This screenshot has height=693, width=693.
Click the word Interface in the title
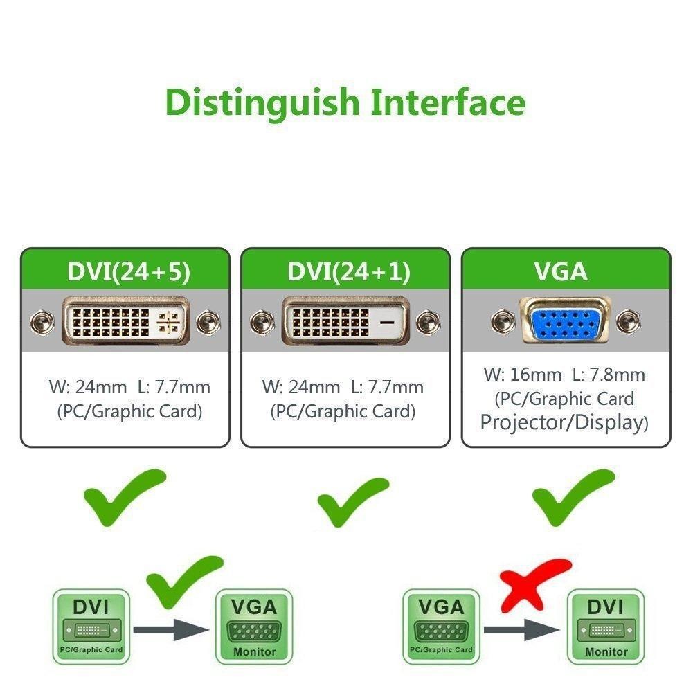[448, 102]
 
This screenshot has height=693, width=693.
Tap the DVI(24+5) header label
[125, 271]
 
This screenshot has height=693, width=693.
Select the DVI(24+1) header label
[345, 271]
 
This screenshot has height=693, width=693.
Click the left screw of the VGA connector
[503, 321]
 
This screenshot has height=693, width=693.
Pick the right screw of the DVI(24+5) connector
[207, 322]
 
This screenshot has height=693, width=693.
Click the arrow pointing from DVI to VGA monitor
[170, 630]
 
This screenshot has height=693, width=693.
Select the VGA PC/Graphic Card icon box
[441, 626]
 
